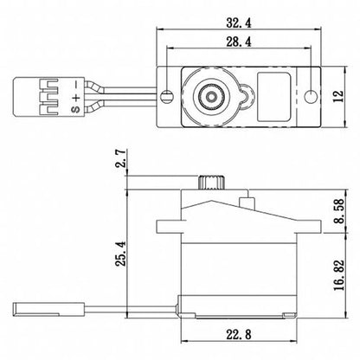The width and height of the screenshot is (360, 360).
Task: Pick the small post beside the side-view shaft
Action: pyautogui.click(x=247, y=201)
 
